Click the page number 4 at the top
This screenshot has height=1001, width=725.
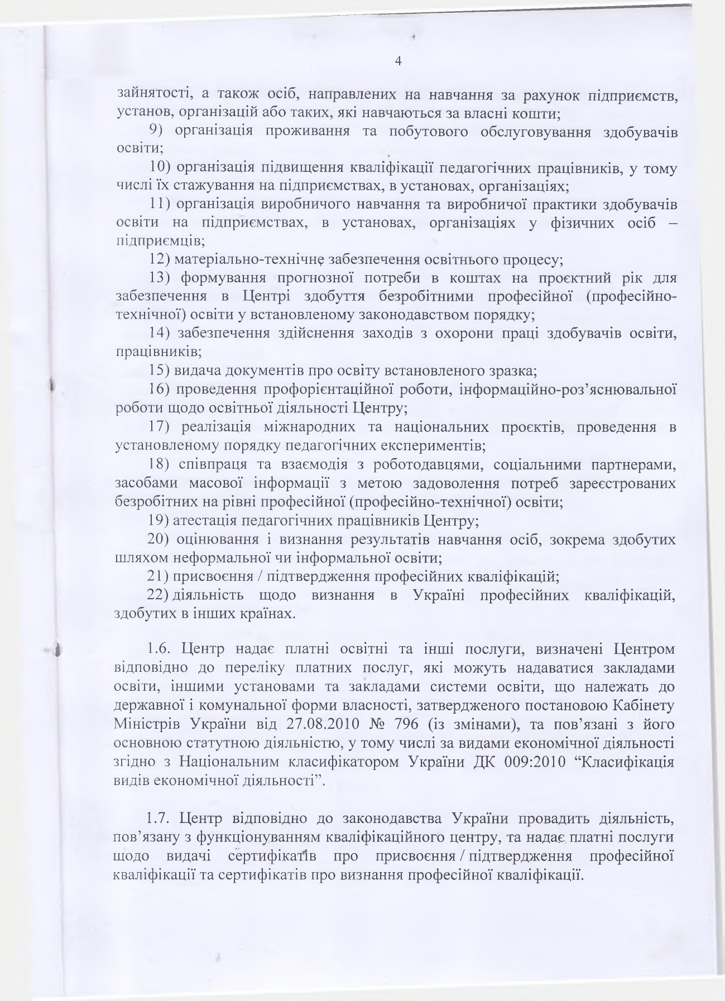tap(398, 61)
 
